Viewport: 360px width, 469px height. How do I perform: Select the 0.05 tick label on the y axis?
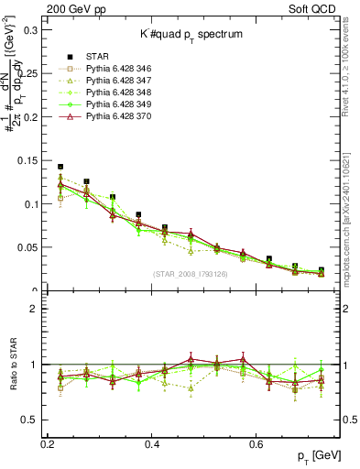(27, 247)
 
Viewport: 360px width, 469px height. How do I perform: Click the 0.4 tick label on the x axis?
(153, 443)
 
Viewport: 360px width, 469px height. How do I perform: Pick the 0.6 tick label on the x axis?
(258, 443)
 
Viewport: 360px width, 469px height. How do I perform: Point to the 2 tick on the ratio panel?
(38, 309)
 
